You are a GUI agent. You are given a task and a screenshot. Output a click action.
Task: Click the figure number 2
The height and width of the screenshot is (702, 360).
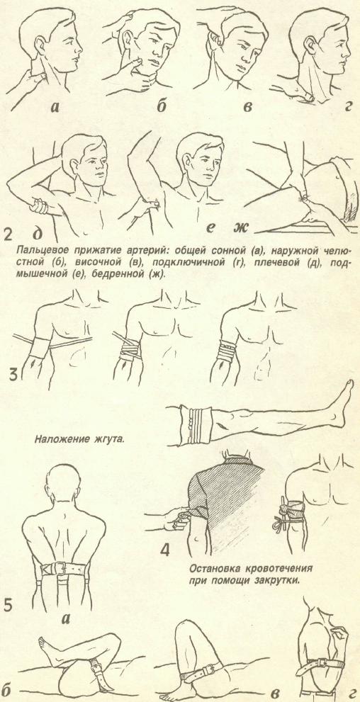click(x=9, y=235)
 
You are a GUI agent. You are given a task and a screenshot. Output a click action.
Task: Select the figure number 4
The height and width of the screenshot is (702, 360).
click(x=164, y=549)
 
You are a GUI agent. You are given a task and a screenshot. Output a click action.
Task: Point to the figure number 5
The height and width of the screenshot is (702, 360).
click(x=9, y=604)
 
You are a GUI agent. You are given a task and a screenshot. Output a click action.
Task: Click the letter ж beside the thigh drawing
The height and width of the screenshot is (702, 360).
click(x=240, y=229)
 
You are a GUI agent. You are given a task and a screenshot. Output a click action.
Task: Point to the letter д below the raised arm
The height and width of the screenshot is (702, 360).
click(x=38, y=234)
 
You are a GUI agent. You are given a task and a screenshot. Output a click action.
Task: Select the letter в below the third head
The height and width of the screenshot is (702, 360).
click(x=247, y=107)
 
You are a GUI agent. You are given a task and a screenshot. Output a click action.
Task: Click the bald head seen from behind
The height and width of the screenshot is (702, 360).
click(x=62, y=485)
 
